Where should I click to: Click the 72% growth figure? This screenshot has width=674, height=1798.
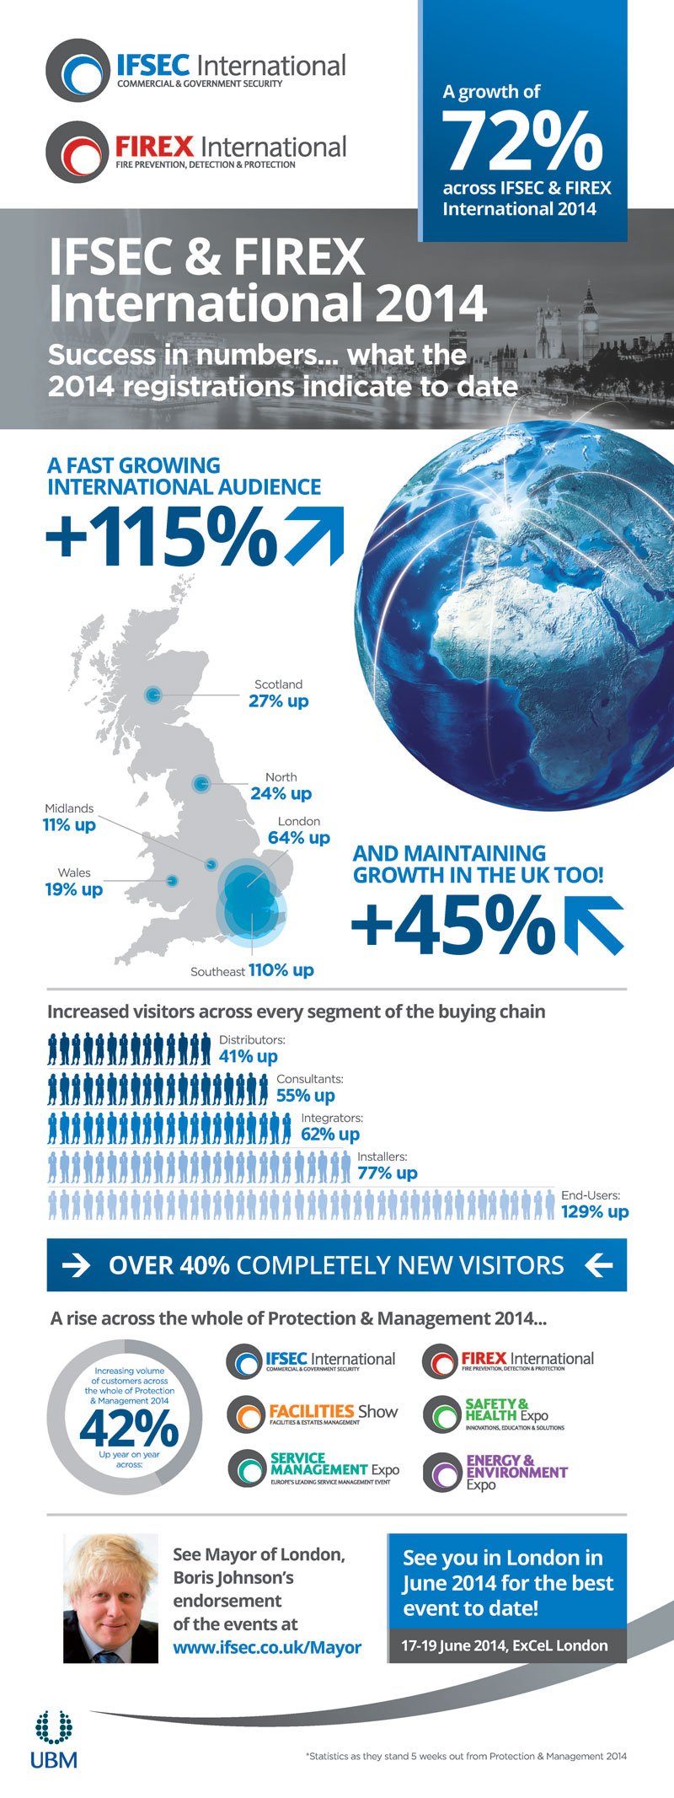[523, 141]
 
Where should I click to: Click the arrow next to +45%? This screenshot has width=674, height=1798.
[594, 925]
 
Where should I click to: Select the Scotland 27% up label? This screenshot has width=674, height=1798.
[279, 694]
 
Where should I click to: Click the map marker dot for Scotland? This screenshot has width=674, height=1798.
[152, 695]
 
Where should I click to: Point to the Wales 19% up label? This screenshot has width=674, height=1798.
[74, 882]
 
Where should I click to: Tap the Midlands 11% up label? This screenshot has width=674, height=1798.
[69, 817]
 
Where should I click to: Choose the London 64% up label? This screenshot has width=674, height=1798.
[299, 830]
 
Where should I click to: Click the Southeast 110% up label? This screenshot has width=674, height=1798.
[252, 970]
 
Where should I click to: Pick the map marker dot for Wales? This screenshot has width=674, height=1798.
[172, 881]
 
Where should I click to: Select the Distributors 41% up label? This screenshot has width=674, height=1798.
[251, 1049]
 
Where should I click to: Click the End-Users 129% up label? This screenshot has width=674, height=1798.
[594, 1204]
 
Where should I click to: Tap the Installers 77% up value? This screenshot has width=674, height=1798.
[388, 1173]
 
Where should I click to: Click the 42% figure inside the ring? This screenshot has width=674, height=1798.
[128, 1427]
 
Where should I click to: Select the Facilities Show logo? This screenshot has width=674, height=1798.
[313, 1414]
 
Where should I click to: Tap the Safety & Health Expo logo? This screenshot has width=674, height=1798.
[494, 1414]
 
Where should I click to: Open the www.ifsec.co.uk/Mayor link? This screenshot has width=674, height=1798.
[267, 1647]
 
